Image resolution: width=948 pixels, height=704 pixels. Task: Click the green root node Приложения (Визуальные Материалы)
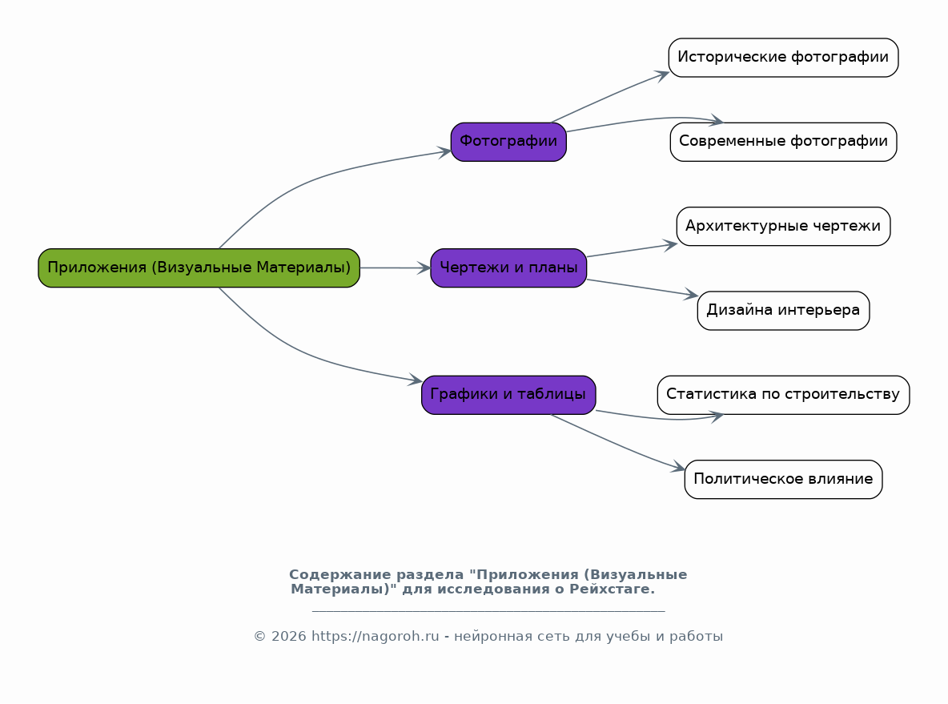coord(199,268)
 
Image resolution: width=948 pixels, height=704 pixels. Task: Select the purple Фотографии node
coord(508,142)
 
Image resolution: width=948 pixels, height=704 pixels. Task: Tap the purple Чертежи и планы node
coord(508,268)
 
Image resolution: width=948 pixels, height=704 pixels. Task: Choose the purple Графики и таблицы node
coord(508,395)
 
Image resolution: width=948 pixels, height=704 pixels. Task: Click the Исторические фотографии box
coord(784,58)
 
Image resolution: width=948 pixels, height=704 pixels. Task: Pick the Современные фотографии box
coord(784,142)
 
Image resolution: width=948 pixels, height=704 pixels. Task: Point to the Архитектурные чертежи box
coord(784,226)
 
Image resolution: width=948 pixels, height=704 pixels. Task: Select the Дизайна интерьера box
coord(784,311)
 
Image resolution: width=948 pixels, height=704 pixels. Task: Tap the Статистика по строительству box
coord(784,395)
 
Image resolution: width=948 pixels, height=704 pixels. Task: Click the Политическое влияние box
coord(784,480)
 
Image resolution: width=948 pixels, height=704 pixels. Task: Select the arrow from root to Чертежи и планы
coord(396,268)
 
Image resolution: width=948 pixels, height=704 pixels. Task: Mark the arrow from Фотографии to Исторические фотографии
coord(611,96)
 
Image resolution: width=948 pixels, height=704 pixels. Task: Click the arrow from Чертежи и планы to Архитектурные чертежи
coord(632,251)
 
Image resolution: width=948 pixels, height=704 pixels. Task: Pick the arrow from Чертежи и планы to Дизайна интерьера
coord(642,288)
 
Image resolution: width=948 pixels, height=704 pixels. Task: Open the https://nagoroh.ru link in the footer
coord(375,636)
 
